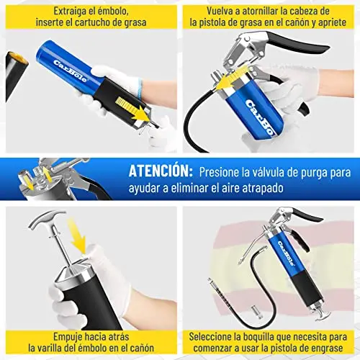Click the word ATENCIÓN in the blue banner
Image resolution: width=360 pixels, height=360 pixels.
tap(161, 171)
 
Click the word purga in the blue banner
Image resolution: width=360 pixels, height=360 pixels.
tap(316, 173)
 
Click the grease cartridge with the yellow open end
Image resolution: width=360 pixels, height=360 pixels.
tap(16, 72)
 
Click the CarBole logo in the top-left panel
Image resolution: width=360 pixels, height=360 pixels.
tap(70, 71)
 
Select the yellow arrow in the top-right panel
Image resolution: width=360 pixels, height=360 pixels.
tap(233, 78)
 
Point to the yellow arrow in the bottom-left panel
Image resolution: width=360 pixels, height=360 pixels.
tap(77, 235)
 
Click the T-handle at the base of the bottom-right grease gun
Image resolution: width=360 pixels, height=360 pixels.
tap(321, 315)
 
